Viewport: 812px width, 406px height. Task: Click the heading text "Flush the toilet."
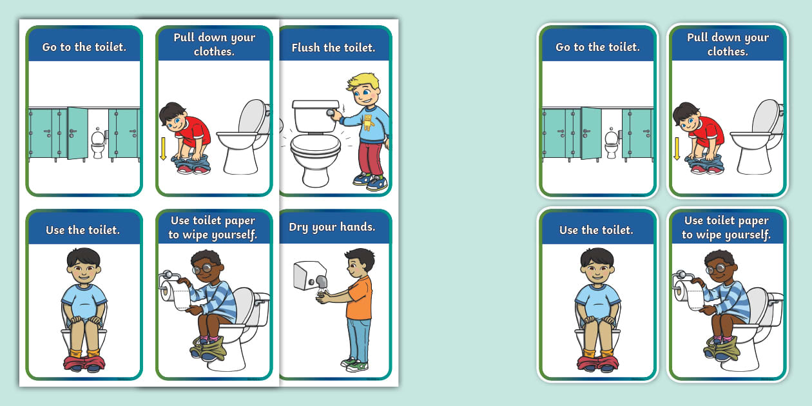[333, 48]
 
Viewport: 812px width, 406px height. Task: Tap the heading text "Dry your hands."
[332, 227]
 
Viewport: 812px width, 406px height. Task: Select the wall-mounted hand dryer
[308, 276]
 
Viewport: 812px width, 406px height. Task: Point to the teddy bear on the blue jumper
[369, 122]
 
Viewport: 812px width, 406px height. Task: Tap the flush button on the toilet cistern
[331, 114]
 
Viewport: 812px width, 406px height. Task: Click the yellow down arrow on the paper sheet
[163, 146]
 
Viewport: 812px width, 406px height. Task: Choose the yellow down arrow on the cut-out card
[677, 147]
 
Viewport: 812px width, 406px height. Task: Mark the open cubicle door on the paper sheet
[77, 133]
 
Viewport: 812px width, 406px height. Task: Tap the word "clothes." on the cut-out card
[728, 52]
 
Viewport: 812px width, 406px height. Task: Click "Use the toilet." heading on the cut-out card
[596, 230]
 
